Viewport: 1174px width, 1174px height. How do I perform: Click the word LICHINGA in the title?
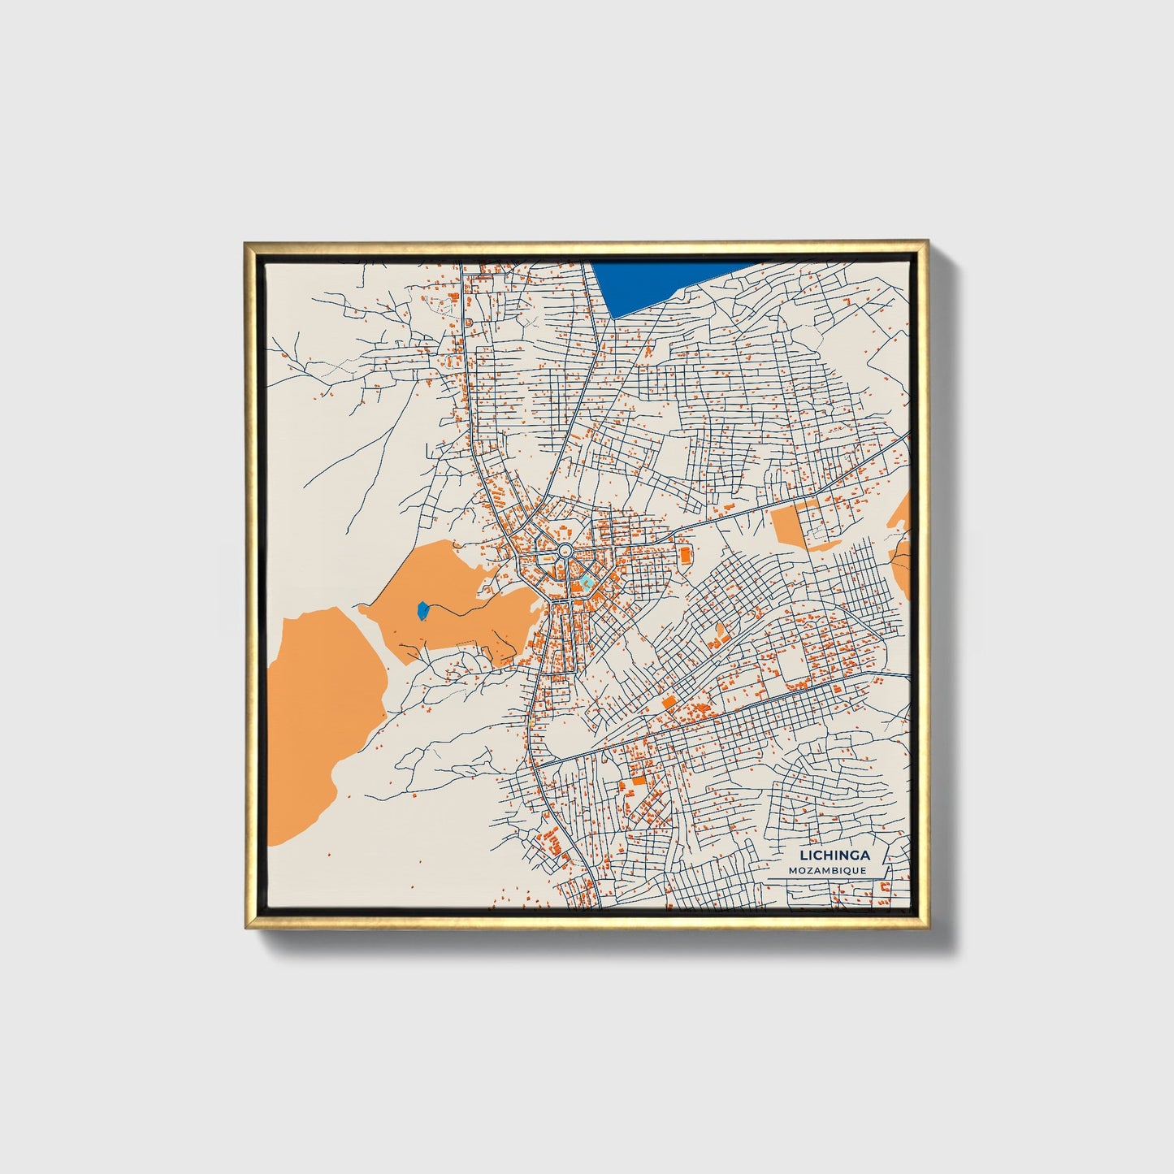pyautogui.click(x=834, y=855)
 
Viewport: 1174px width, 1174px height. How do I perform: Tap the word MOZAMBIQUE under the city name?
pyautogui.click(x=827, y=870)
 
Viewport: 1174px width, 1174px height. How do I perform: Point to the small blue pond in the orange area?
pyautogui.click(x=422, y=610)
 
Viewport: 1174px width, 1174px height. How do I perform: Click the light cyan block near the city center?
pyautogui.click(x=586, y=582)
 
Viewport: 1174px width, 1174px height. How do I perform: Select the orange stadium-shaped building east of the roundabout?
pyautogui.click(x=684, y=555)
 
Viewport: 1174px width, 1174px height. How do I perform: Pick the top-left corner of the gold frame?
pyautogui.click(x=246, y=243)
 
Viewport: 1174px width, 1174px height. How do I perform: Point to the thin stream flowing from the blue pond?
pyautogui.click(x=455, y=608)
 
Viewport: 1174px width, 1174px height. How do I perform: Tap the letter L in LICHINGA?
pyautogui.click(x=804, y=855)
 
